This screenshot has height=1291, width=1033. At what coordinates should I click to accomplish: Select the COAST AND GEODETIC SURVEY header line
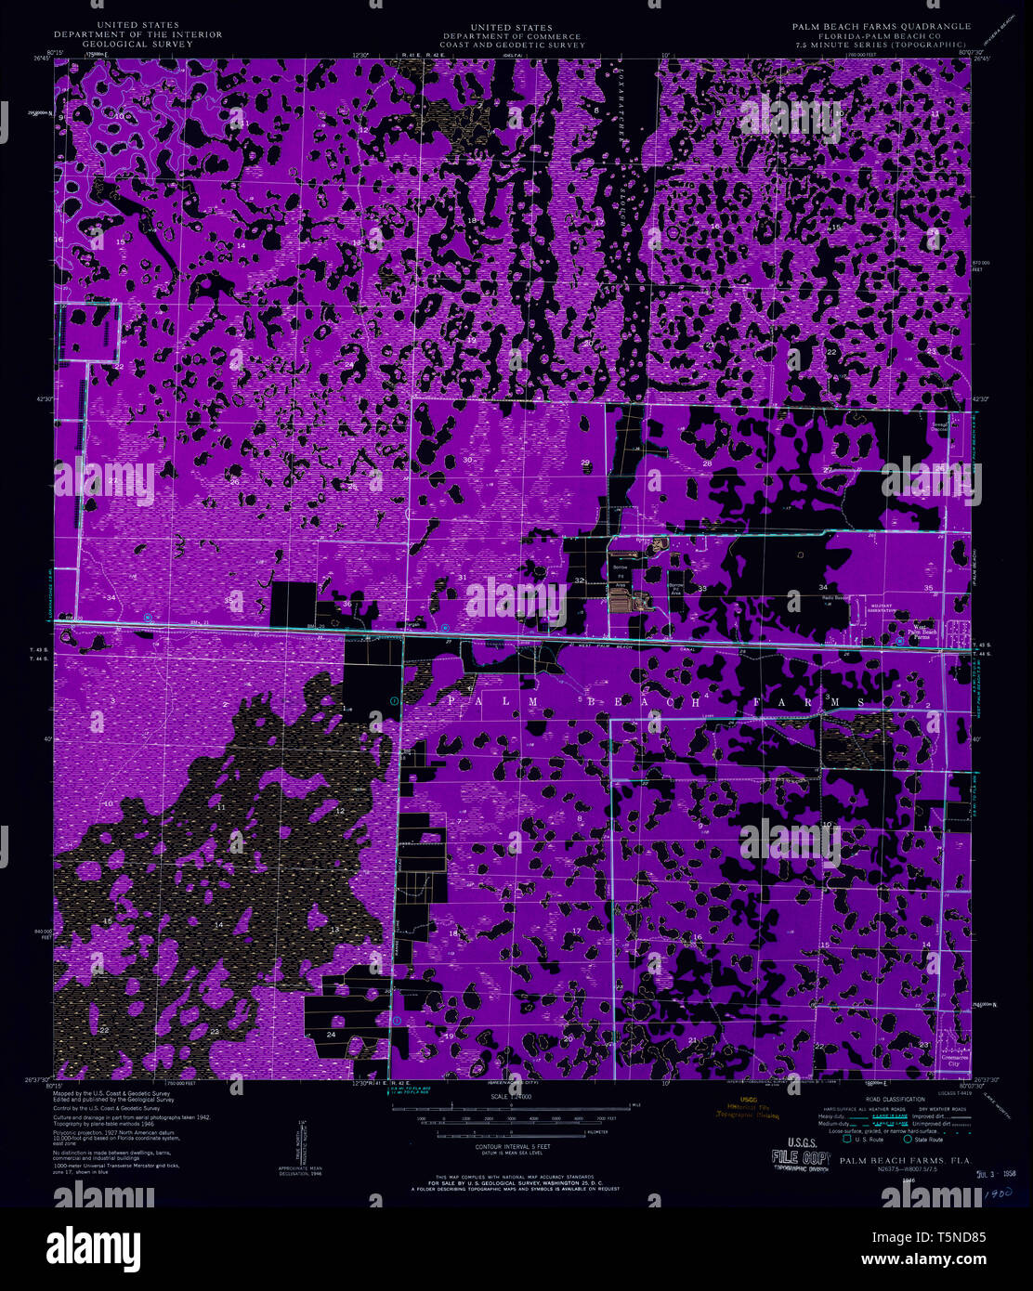coord(525,44)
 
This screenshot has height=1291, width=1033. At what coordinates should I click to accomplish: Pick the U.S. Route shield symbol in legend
coord(847,1139)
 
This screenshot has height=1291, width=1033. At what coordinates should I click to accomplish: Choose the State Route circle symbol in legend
coord(908,1139)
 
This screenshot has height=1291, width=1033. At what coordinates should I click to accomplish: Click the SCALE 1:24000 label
coord(511,1096)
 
